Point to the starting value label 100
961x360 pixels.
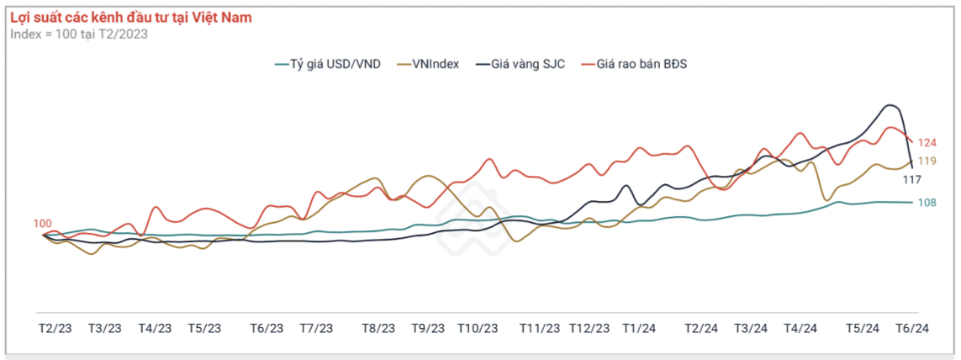pos(42,224)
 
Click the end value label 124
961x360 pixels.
pos(927,142)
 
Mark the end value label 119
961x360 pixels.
pos(927,161)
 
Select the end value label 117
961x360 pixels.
pos(911,179)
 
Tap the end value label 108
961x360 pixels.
pos(927,203)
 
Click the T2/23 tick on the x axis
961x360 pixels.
pos(55,328)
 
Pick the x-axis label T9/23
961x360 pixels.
pos(429,328)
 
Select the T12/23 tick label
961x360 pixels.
pos(589,328)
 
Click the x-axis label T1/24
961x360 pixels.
pos(640,328)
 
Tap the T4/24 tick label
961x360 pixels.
pos(800,328)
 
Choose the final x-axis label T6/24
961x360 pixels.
pos(912,328)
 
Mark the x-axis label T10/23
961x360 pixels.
pos(478,328)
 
